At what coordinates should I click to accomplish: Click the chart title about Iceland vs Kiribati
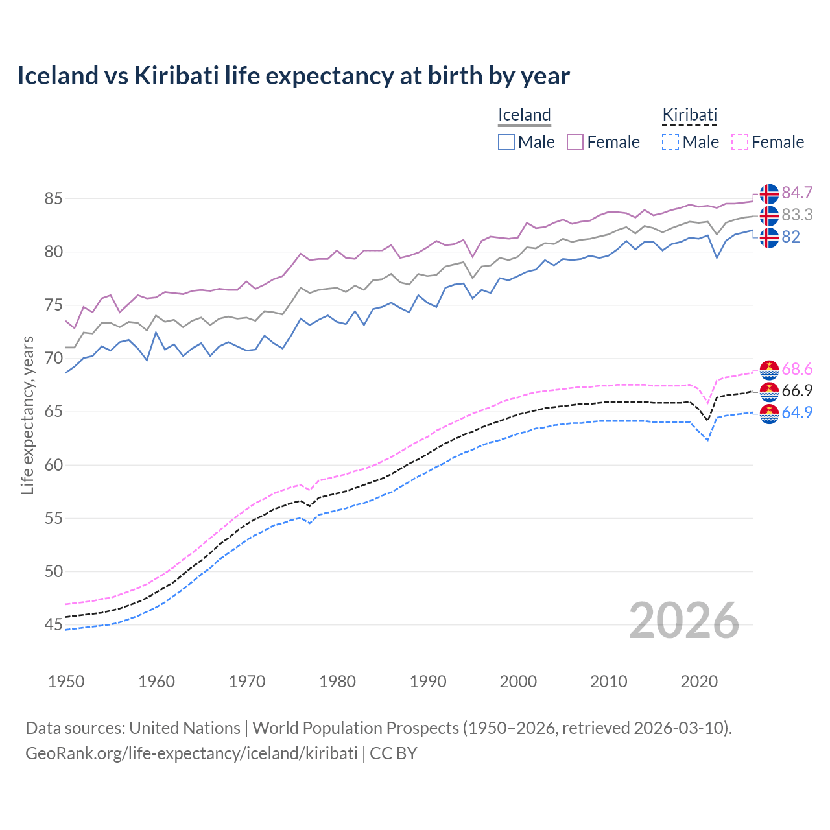point(293,76)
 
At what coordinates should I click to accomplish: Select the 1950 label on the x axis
point(66,682)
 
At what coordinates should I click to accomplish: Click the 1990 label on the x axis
point(428,682)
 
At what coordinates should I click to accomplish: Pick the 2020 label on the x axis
point(699,682)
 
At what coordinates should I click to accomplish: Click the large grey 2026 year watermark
point(684,621)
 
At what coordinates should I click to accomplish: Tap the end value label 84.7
point(797,193)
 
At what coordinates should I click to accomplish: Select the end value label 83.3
point(797,215)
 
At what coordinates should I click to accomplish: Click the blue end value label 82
point(790,237)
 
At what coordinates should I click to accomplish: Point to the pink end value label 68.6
point(797,370)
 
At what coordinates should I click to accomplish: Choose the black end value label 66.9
point(797,390)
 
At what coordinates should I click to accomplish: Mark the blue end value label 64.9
point(797,412)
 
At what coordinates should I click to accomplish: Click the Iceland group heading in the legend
point(524,115)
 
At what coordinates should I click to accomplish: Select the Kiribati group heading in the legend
point(689,115)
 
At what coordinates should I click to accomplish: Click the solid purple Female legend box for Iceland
point(575,142)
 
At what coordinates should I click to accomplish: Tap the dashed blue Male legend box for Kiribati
point(670,142)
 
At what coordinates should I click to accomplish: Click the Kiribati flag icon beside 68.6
point(769,370)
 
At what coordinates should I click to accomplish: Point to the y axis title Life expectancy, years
point(28,415)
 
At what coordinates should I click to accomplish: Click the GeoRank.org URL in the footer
point(191,753)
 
